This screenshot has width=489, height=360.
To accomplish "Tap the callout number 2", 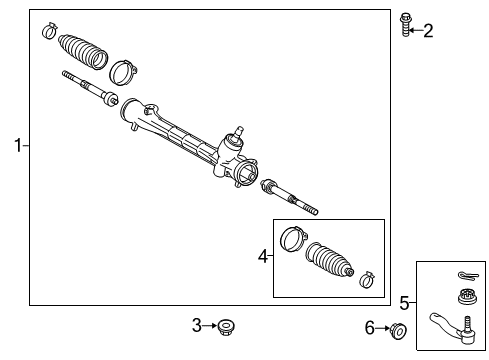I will click(428, 31).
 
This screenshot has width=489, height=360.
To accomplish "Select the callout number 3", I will click(197, 324).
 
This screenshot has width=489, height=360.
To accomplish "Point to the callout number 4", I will click(263, 256).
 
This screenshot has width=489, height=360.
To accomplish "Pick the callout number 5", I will click(404, 302).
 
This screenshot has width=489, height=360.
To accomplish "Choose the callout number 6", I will click(369, 327).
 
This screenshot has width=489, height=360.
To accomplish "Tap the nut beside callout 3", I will click(226, 325).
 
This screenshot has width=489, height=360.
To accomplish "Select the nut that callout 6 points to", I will click(397, 331).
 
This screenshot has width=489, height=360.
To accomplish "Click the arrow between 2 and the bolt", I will click(417, 30).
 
